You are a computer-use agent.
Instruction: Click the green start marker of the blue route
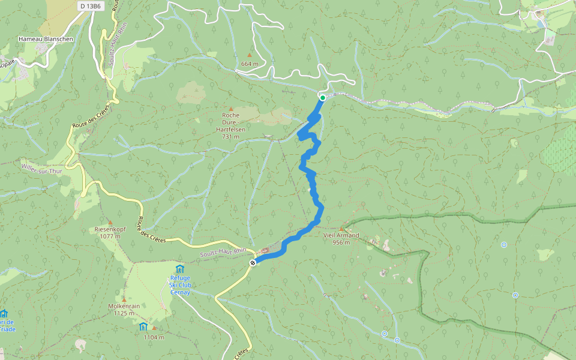click(322, 97)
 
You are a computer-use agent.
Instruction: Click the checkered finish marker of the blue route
click(253, 262)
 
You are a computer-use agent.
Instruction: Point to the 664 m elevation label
click(249, 64)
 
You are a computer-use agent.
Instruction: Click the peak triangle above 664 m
click(250, 55)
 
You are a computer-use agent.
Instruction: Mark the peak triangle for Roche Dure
click(230, 108)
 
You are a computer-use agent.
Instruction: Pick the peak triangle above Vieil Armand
click(341, 229)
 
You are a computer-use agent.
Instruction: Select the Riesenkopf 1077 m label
click(110, 233)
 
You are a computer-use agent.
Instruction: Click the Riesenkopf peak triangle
click(110, 222)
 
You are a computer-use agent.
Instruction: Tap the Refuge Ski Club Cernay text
click(179, 285)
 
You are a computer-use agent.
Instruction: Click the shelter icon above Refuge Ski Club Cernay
click(179, 268)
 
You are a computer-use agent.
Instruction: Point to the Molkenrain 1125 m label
click(124, 309)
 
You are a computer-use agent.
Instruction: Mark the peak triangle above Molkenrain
click(124, 299)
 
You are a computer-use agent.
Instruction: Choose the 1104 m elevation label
click(154, 337)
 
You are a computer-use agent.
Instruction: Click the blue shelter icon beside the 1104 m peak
click(143, 326)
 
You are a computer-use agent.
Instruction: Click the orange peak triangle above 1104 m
click(154, 328)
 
